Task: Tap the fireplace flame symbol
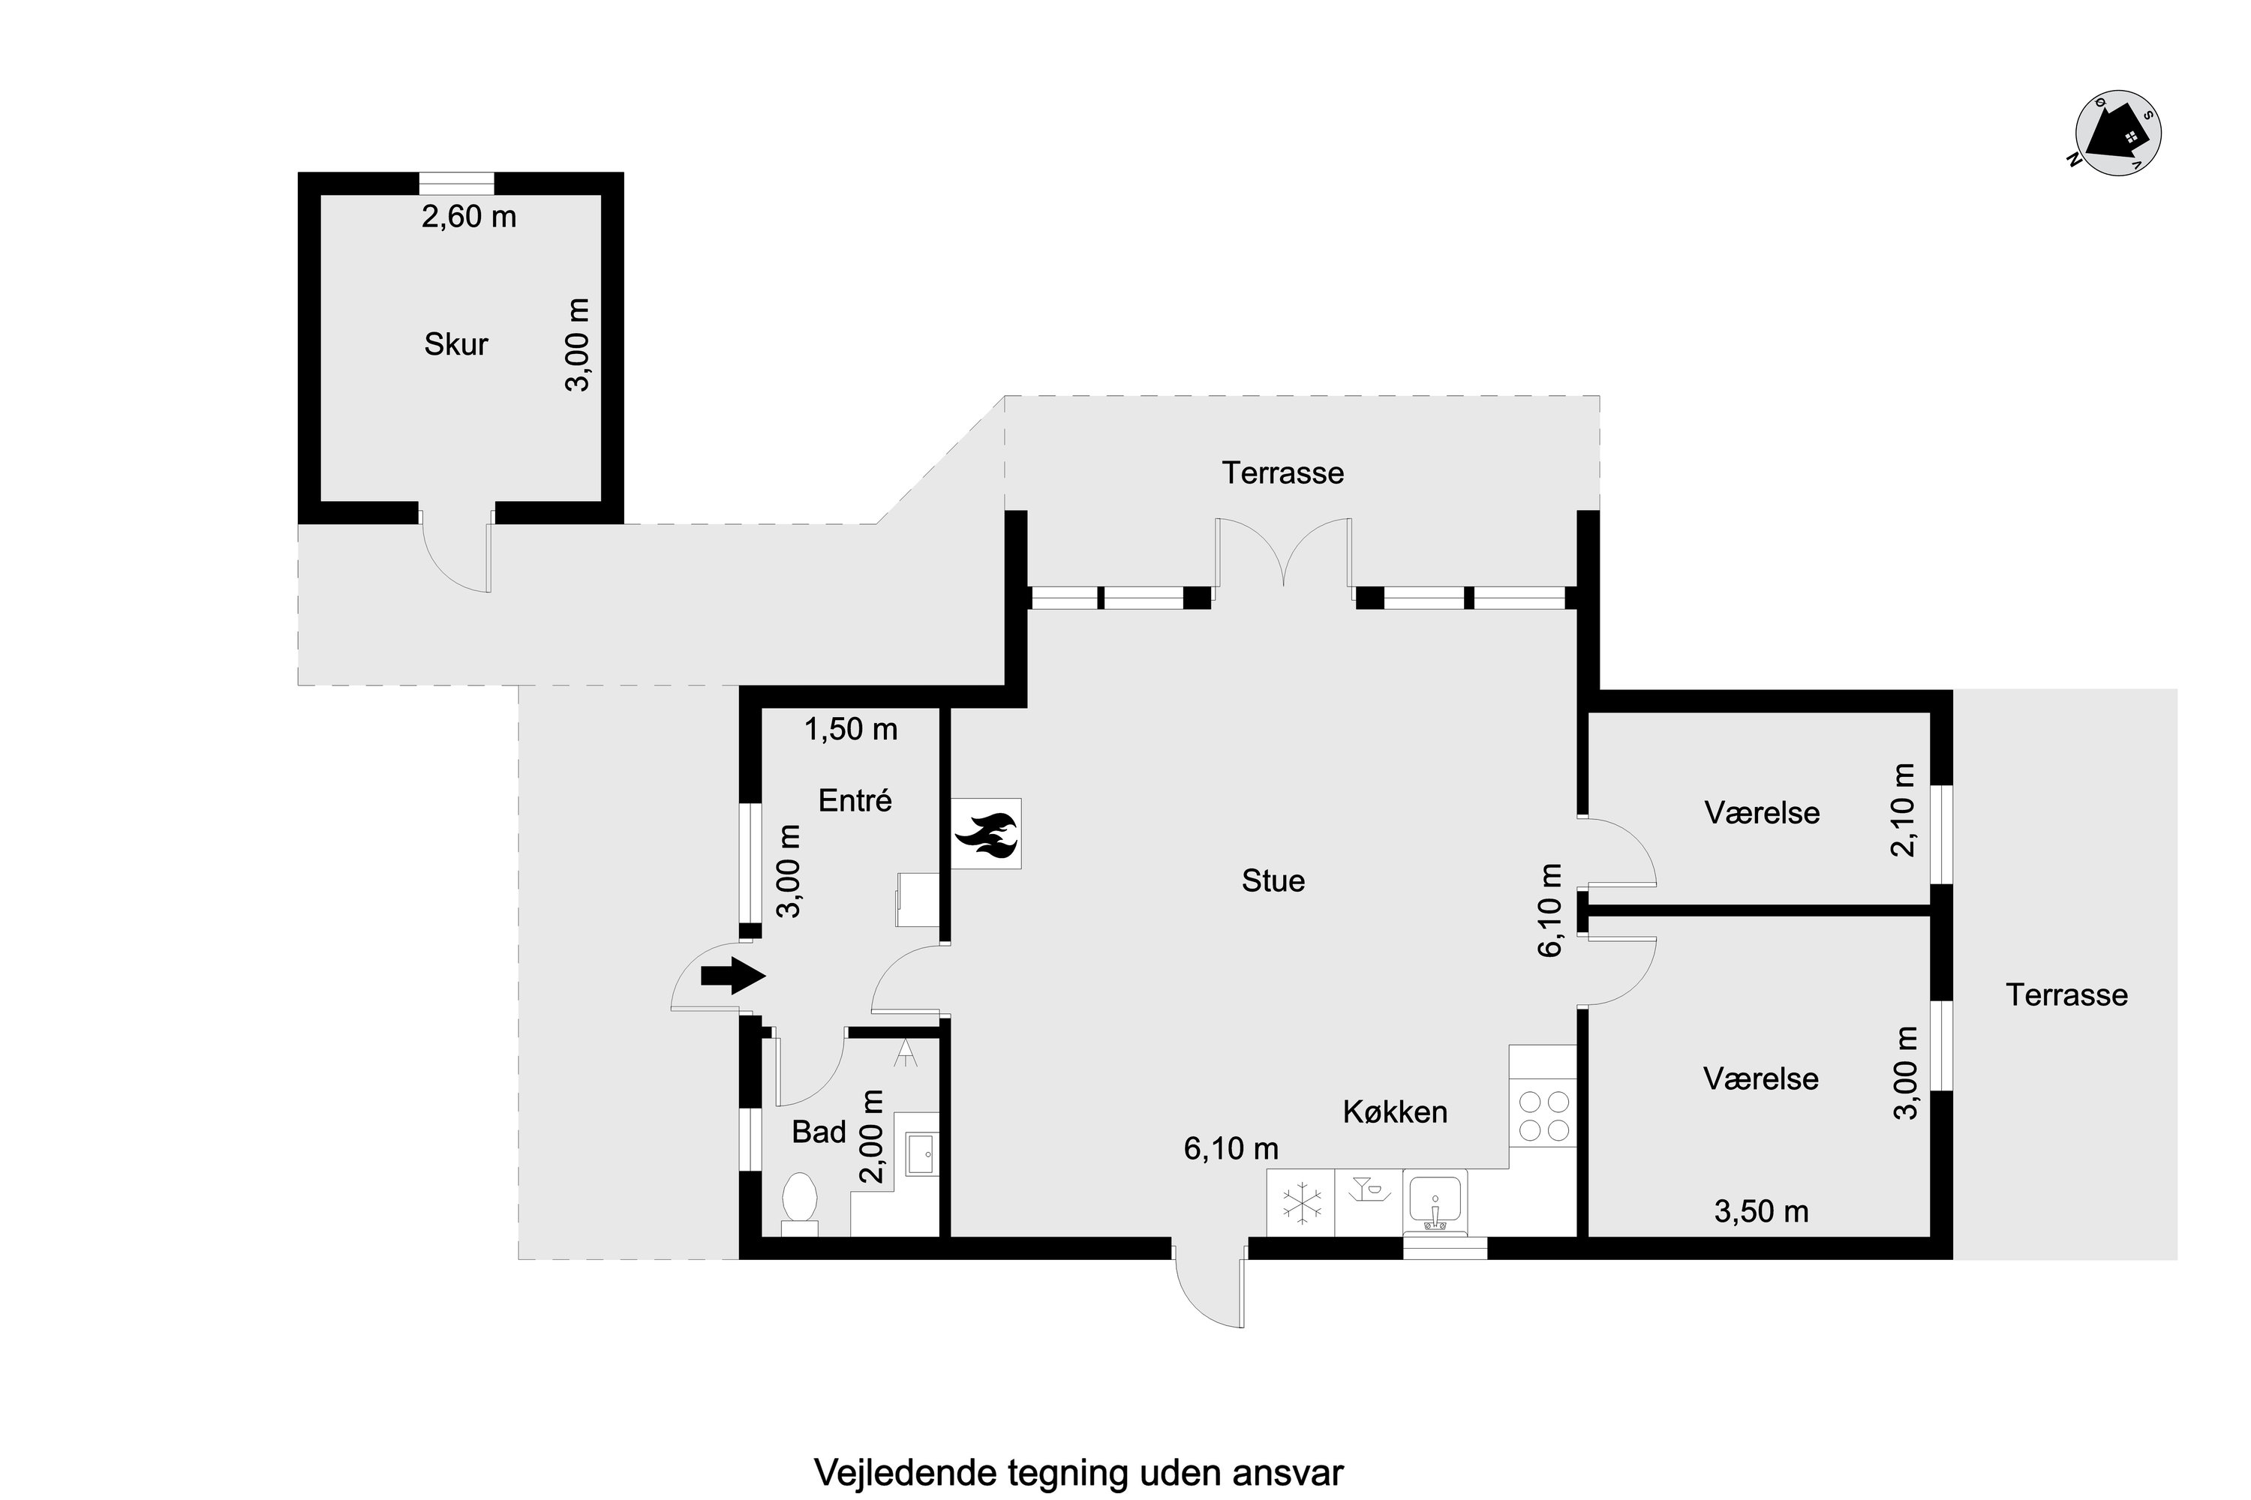click(x=986, y=834)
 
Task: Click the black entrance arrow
click(x=733, y=976)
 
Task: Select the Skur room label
click(x=455, y=344)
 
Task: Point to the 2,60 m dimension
click(x=469, y=217)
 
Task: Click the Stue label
click(x=1273, y=881)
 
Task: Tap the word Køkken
click(x=1396, y=1111)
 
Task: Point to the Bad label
click(x=819, y=1132)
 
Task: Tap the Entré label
click(x=855, y=801)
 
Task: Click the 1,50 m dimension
click(x=851, y=730)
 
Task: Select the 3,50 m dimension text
click(x=1761, y=1212)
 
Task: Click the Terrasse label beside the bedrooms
click(x=2067, y=995)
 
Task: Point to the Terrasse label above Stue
click(x=1282, y=472)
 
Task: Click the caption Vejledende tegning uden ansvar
click(x=1079, y=1472)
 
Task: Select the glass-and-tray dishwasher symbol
click(x=1369, y=1191)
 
